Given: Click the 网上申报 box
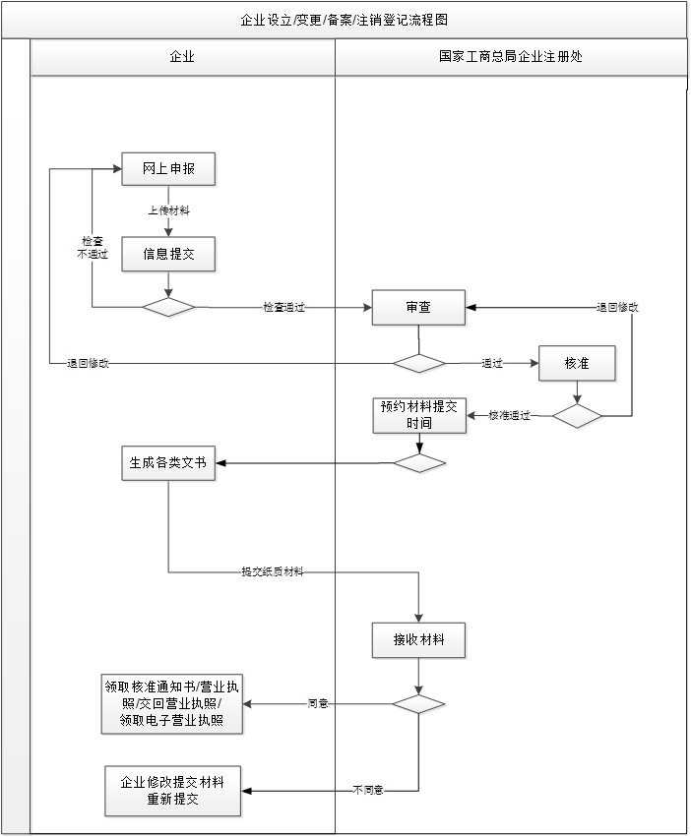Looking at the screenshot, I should click(x=168, y=169).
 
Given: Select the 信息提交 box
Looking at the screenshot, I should click(x=168, y=254).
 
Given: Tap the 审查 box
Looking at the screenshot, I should click(x=417, y=308).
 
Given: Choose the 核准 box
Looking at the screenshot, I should click(x=577, y=363).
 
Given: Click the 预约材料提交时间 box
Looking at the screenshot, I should click(x=419, y=415).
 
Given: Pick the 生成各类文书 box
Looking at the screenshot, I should click(x=168, y=462).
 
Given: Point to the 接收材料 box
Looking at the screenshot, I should click(x=418, y=640).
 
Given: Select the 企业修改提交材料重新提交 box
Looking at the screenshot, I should click(x=172, y=791).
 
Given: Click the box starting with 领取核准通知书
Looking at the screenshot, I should click(x=172, y=704).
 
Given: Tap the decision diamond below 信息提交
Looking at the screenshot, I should click(x=168, y=308).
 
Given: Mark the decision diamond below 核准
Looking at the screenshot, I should click(x=577, y=416).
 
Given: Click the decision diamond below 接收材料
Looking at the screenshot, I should click(x=418, y=704).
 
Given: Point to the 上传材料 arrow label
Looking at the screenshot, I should click(x=168, y=210).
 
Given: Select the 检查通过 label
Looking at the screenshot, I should click(x=283, y=308).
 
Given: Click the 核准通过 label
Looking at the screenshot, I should click(x=509, y=416).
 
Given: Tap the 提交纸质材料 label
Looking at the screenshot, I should click(x=273, y=571).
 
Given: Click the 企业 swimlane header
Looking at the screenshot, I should click(x=182, y=57).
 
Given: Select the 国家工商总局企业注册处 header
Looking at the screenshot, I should click(x=510, y=57).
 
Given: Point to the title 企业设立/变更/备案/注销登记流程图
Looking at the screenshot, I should click(x=344, y=20).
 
